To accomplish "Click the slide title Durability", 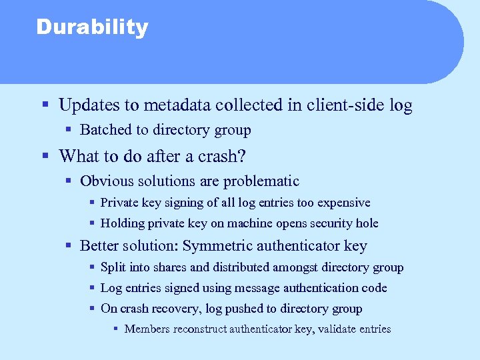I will point(92,28).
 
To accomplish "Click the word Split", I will point(111,267).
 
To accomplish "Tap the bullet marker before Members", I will point(115,329).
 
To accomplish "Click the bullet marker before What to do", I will point(44,157).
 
